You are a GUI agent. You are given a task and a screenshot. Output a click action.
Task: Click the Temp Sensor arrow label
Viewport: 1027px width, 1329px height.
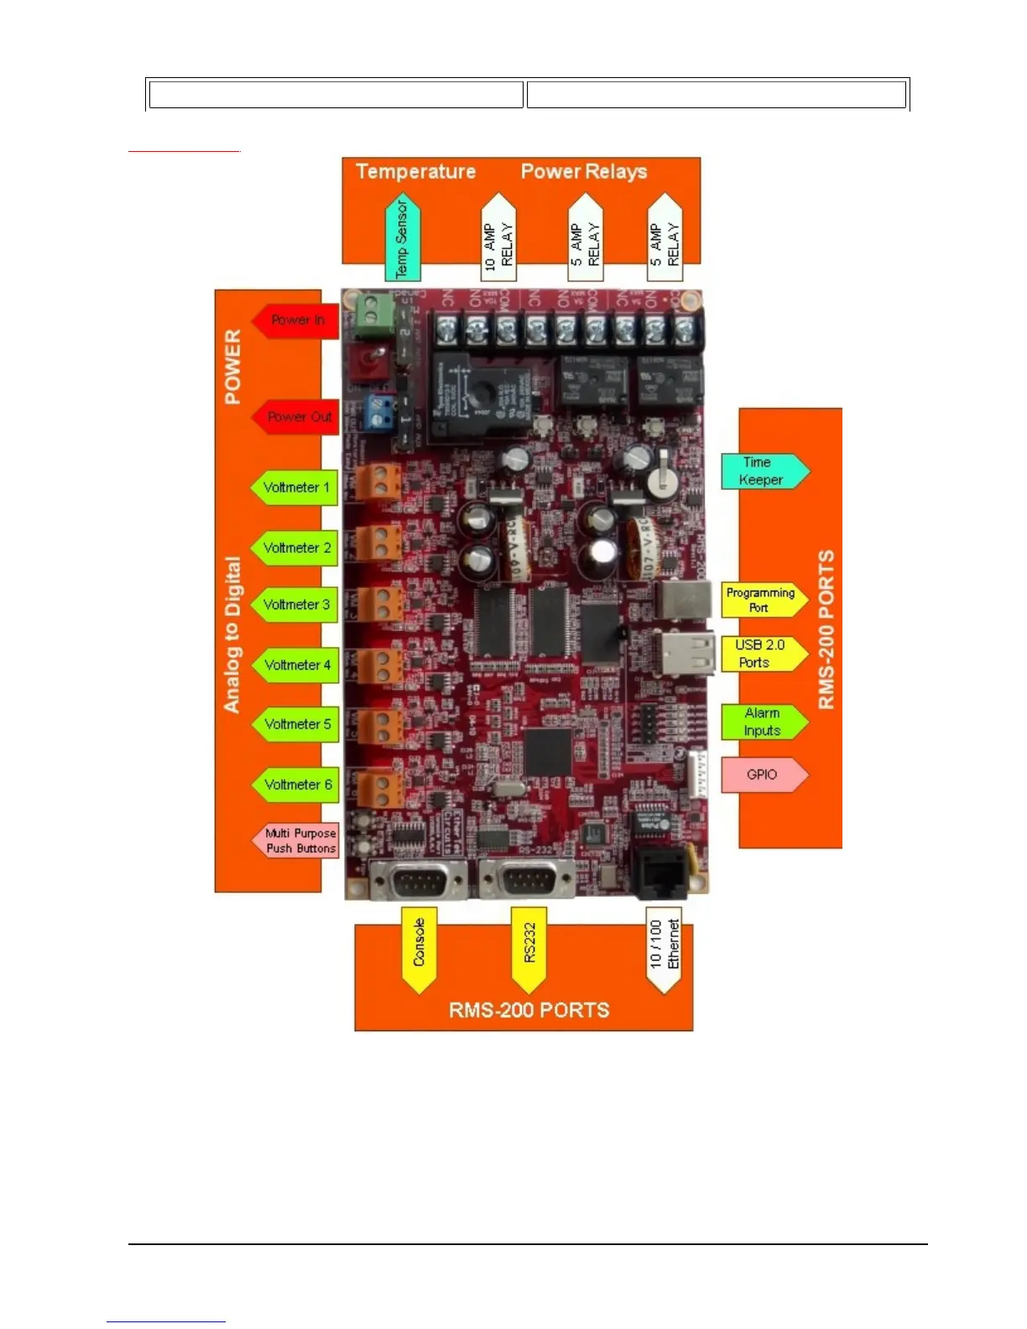point(402,238)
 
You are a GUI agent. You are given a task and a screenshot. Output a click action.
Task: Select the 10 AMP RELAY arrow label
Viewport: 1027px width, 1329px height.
point(498,240)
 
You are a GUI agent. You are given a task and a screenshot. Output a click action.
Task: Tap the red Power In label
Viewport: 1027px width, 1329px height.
point(297,320)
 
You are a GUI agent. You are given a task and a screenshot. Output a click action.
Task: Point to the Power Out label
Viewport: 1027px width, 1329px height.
point(297,417)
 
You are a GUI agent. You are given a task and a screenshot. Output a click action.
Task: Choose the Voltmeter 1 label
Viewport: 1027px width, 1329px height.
point(295,487)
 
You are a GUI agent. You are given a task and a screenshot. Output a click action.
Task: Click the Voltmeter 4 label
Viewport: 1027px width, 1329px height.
point(296,665)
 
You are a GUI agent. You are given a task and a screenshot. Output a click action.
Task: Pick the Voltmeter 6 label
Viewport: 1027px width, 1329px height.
point(297,784)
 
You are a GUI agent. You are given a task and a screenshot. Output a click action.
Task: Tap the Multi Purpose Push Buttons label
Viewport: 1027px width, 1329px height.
point(298,841)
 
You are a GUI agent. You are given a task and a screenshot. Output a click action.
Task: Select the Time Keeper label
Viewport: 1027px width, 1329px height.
point(763,472)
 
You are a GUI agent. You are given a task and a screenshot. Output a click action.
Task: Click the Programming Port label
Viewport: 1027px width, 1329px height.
point(761,600)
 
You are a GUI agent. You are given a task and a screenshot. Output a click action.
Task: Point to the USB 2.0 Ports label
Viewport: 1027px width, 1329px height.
point(761,654)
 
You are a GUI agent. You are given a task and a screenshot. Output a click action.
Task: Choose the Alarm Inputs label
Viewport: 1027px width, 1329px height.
point(763,722)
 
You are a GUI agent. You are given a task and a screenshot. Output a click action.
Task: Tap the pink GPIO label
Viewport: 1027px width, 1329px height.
point(763,774)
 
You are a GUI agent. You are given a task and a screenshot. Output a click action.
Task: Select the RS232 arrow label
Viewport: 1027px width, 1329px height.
point(529,948)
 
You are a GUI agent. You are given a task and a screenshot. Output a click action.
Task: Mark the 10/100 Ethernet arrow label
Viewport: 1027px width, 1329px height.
point(664,948)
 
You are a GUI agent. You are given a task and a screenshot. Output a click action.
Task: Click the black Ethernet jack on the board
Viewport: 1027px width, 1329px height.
point(660,873)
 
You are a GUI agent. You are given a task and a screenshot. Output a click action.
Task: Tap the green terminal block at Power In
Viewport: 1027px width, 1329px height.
point(374,312)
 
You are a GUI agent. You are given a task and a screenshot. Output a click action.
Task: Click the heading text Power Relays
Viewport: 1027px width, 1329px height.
point(584,171)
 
